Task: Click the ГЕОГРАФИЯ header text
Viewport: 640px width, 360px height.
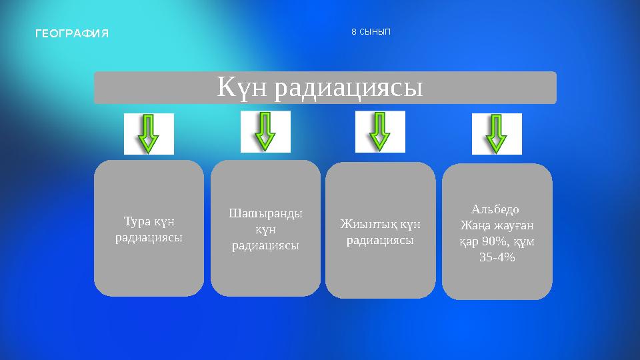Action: coord(72,33)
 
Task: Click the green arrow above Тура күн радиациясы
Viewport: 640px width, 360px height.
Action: coord(148,134)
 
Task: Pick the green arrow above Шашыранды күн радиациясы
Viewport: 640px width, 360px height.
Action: coord(265,131)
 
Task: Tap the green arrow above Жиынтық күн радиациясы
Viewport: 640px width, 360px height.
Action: coord(380,131)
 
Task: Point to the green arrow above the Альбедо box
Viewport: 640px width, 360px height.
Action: coord(496,134)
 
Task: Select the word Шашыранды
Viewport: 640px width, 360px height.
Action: coord(265,213)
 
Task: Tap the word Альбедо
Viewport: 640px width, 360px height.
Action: coord(495,209)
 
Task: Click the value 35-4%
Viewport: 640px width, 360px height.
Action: coord(497,257)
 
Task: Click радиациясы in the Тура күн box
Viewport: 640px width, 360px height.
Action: coord(149,237)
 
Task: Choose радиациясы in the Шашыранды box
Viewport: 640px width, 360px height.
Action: coord(265,245)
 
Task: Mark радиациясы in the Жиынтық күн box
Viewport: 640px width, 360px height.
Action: coord(380,240)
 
